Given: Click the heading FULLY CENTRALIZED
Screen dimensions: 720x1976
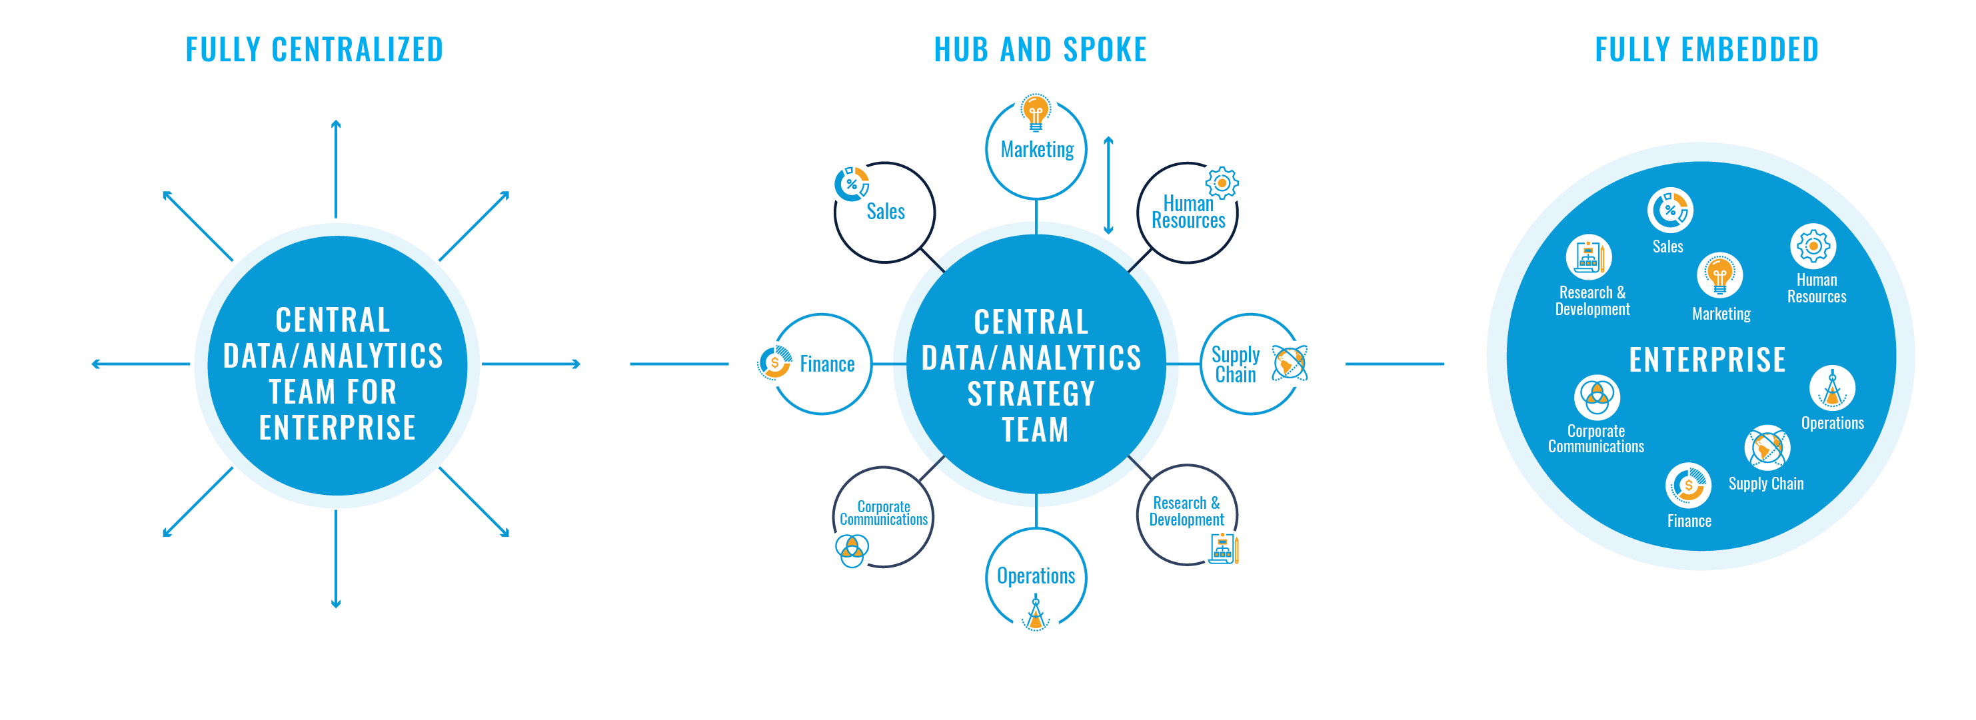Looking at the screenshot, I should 314,50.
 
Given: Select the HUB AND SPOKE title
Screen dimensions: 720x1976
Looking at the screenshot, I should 1040,50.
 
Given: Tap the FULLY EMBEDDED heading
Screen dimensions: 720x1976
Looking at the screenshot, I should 1706,50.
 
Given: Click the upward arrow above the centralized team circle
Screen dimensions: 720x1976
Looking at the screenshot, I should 336,169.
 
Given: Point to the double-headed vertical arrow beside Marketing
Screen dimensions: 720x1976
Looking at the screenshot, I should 1108,186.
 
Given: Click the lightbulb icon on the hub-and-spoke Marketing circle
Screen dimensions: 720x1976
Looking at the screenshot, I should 1036,113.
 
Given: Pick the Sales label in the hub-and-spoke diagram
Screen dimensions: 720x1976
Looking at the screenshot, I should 885,212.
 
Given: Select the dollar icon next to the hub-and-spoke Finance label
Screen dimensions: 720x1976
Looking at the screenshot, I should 773,364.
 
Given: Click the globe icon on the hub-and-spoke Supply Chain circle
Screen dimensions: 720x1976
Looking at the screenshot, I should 1294,364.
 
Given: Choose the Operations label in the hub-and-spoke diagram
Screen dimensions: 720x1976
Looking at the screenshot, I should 1036,576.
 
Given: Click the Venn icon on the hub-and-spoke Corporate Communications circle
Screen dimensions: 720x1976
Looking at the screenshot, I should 848,551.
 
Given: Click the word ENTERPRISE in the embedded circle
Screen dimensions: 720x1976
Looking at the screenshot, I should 1707,360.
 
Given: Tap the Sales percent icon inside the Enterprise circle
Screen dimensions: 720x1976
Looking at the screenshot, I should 1670,209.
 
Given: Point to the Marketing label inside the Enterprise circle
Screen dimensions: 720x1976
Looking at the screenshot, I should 1721,314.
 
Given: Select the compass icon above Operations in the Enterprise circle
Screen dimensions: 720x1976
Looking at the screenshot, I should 1832,388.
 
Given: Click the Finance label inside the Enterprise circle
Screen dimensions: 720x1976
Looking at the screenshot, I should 1689,522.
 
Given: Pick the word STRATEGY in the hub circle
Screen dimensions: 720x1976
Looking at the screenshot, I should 1031,394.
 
